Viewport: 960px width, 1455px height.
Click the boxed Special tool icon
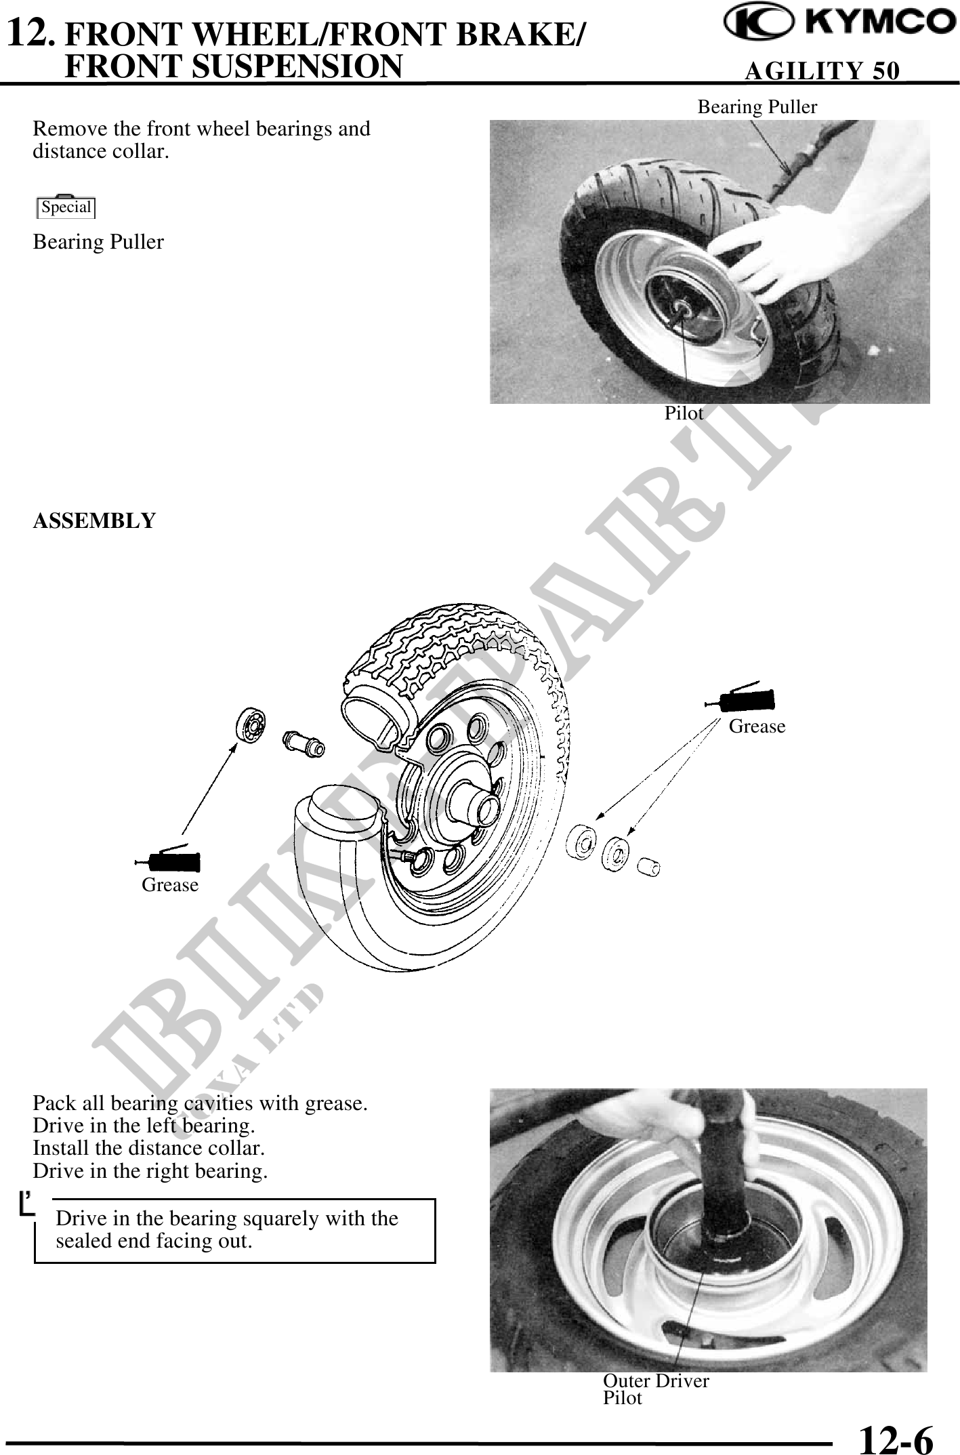pos(66,206)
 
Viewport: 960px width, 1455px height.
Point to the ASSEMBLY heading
pos(94,520)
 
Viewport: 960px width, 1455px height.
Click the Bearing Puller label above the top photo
pos(757,107)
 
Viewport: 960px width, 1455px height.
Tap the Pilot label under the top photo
pos(684,413)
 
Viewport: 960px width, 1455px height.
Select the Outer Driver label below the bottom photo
pos(656,1380)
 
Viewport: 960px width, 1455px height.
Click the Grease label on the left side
pos(170,884)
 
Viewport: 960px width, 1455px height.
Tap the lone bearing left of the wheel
pos(250,727)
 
